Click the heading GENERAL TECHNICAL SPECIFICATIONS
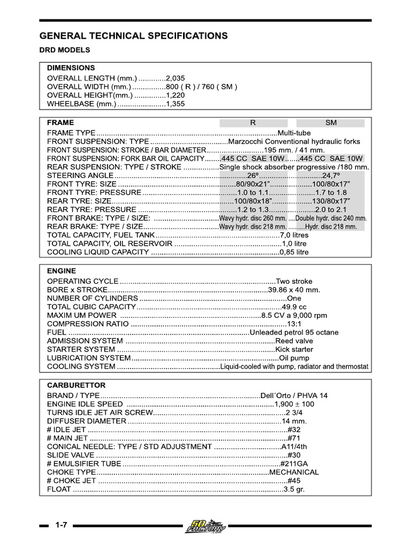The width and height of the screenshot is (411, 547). point(134,36)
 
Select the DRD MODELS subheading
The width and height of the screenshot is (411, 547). point(65,50)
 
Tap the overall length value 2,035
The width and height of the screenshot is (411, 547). point(176,77)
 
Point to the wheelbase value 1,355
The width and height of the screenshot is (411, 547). point(176,104)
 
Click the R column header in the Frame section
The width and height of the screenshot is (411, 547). point(253,123)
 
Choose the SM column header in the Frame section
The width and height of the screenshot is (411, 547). point(331,123)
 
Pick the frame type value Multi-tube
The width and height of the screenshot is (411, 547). point(294,132)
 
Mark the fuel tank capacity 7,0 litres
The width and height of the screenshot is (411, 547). point(294,235)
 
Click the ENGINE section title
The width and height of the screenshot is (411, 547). point(62,271)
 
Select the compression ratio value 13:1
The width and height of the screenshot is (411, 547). point(294,324)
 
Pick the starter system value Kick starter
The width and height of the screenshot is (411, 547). point(294,349)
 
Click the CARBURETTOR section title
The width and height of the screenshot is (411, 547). point(77,385)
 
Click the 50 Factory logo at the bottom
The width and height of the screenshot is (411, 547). point(205,526)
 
